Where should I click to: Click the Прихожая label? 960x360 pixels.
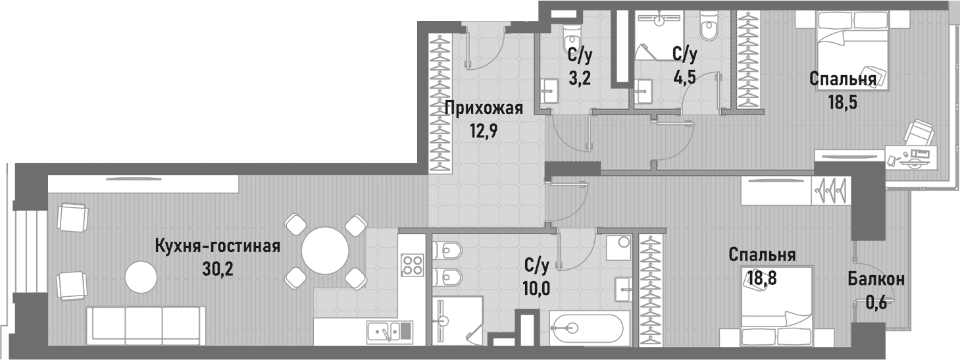point(483,109)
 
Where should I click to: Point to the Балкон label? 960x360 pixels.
point(875,279)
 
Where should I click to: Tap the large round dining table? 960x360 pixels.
point(325,251)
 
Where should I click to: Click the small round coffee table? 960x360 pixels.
point(143,277)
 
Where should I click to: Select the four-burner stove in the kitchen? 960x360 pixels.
point(413,263)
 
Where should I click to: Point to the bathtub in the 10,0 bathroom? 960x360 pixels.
point(586,328)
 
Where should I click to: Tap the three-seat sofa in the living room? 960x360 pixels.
point(143,324)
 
